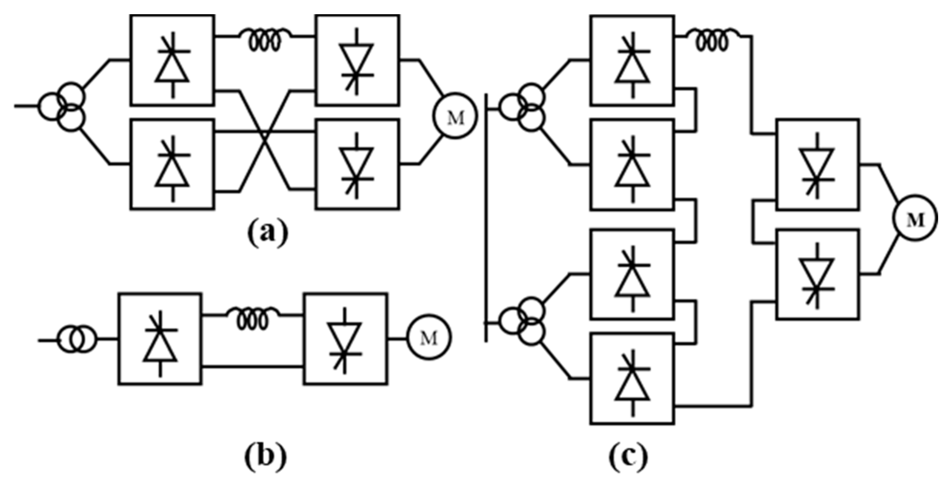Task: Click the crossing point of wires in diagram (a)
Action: [x=264, y=133]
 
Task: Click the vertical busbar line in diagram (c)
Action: [x=486, y=217]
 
